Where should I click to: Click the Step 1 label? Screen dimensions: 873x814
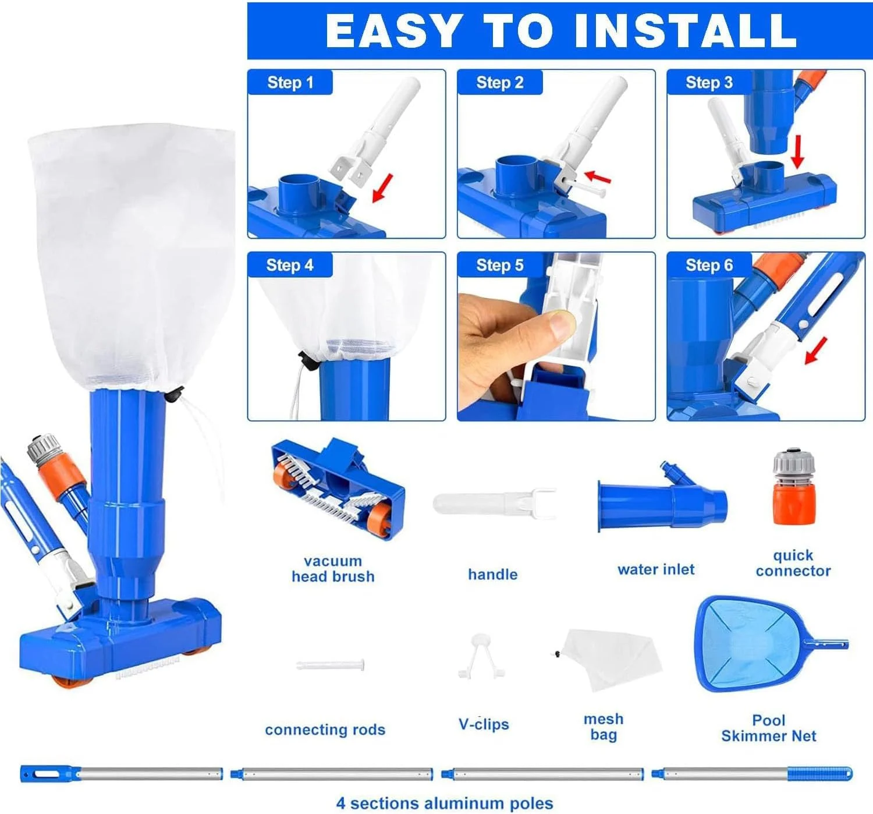(290, 82)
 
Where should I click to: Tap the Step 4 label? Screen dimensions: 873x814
(290, 265)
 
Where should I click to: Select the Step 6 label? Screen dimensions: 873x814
(709, 265)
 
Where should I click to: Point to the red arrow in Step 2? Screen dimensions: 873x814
(597, 178)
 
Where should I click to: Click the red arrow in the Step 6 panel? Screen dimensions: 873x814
(816, 351)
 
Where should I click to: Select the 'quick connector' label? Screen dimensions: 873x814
(793, 563)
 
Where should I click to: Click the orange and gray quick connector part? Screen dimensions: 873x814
(794, 486)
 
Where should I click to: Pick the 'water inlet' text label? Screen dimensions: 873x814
(656, 569)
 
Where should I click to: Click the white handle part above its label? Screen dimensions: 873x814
(495, 503)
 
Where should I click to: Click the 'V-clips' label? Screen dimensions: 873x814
(484, 724)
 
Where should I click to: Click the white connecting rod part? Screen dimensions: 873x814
(330, 665)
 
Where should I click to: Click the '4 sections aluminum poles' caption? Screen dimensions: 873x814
(445, 804)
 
